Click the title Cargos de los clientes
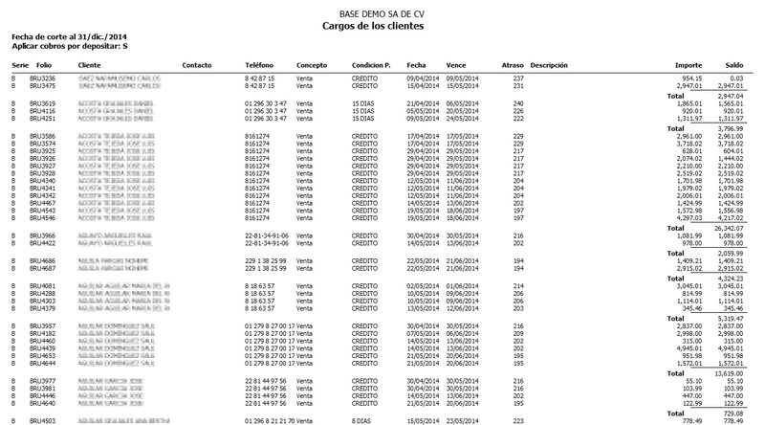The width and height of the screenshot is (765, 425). (x=382, y=26)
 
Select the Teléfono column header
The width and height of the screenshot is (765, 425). (x=247, y=65)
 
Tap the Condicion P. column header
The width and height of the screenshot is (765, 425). (x=372, y=65)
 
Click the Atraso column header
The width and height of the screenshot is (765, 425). (x=513, y=65)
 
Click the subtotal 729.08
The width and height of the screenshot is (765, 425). (x=732, y=411)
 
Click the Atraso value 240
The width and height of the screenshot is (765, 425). (x=518, y=102)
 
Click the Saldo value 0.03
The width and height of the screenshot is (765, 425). (x=736, y=78)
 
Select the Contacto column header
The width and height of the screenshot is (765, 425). (x=196, y=65)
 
